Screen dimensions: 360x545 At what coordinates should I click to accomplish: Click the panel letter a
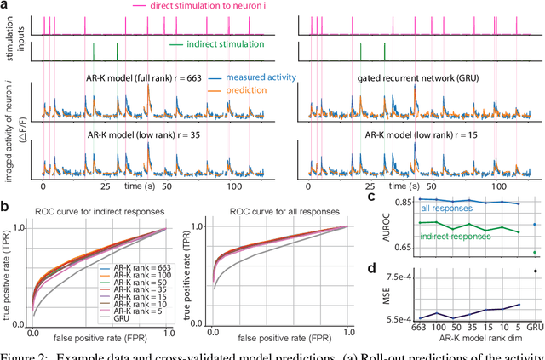coord(7,6)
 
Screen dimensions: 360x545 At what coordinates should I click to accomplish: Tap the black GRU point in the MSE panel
coord(535,271)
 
